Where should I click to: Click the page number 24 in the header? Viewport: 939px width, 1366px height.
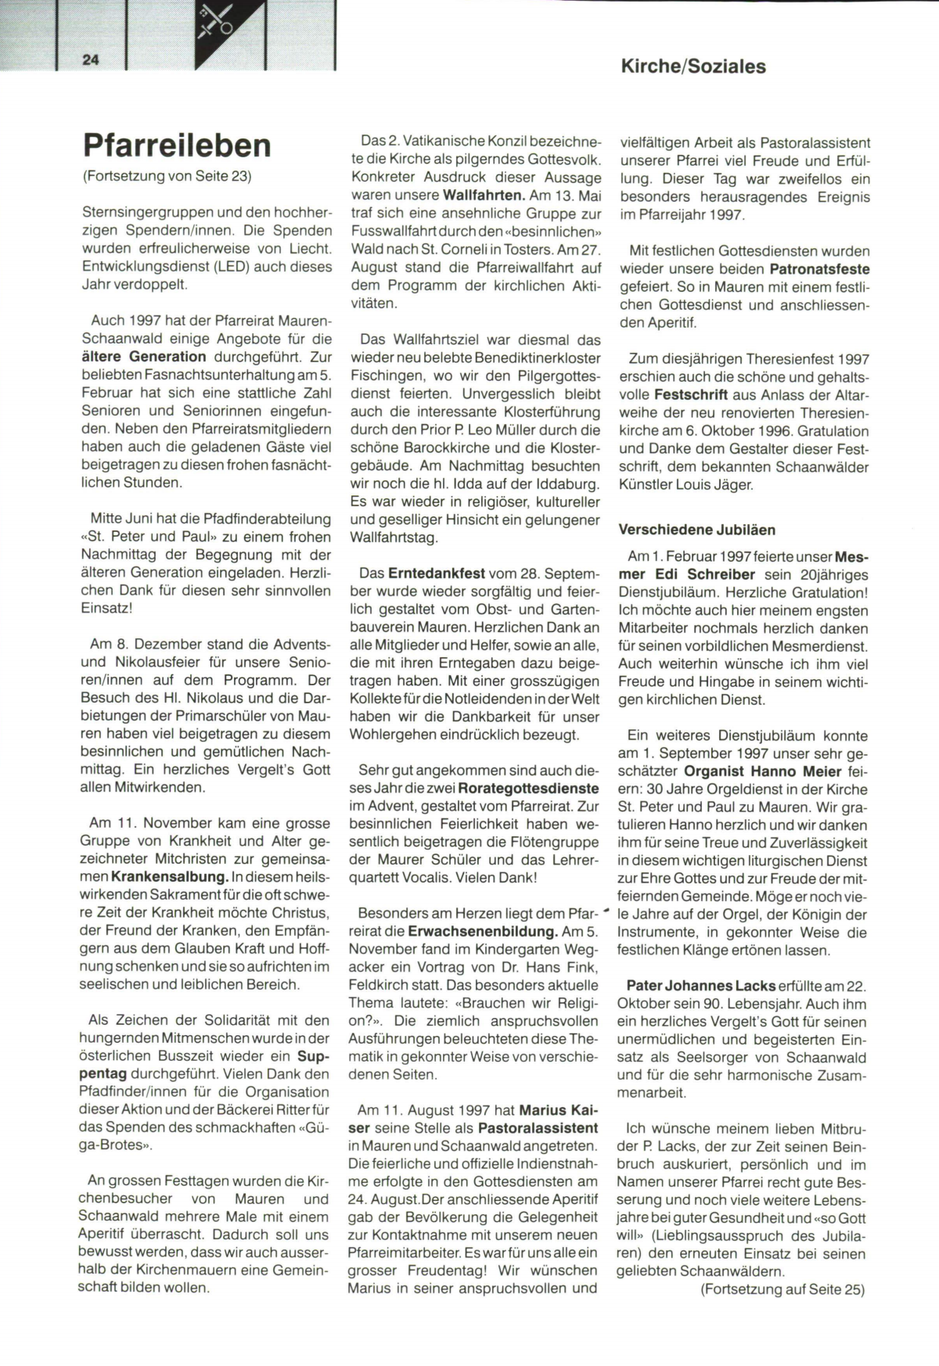click(x=90, y=59)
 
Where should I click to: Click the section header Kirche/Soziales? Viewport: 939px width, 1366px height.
click(x=693, y=67)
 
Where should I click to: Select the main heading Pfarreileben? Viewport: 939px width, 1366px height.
click(x=177, y=146)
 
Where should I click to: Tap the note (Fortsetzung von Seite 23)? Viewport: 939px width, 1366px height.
click(x=167, y=176)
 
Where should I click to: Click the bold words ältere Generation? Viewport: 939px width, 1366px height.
click(x=145, y=357)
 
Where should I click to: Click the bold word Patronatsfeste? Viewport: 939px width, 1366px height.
click(x=819, y=269)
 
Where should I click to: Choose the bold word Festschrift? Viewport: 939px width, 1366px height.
click(x=691, y=394)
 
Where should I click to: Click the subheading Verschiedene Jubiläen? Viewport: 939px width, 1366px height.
click(x=696, y=530)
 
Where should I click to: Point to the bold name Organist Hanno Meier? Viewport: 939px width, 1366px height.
click(x=751, y=771)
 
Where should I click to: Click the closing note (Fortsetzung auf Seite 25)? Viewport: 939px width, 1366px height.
click(x=782, y=1289)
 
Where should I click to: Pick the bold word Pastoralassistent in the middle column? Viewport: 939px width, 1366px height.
click(x=538, y=1128)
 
